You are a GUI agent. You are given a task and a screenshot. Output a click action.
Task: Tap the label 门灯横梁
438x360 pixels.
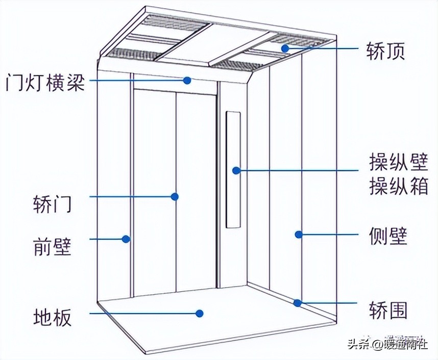[x=45, y=82]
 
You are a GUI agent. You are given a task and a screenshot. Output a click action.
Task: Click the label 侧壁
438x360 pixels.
[x=387, y=236]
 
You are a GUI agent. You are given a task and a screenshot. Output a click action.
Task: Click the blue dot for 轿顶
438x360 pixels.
[x=285, y=48]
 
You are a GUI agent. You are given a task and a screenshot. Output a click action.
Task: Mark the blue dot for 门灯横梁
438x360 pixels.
[x=187, y=80]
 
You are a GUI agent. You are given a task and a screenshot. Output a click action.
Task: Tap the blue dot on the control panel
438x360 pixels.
[x=236, y=170]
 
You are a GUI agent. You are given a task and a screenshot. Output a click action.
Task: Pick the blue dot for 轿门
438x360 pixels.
[x=175, y=196]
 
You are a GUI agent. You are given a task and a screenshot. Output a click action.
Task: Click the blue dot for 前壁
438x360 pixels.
[x=125, y=238]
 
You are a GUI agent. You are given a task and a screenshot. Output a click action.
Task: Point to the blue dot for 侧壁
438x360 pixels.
[x=298, y=235]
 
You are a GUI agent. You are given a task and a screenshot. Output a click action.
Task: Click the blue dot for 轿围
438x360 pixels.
[x=297, y=302]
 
